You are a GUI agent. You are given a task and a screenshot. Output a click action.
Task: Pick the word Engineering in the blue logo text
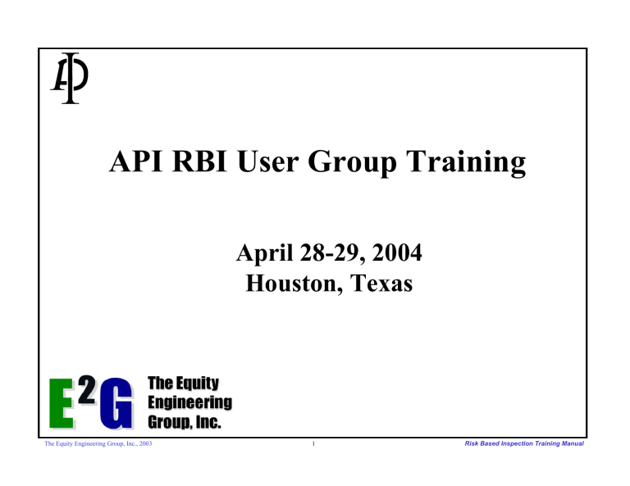point(189,402)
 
